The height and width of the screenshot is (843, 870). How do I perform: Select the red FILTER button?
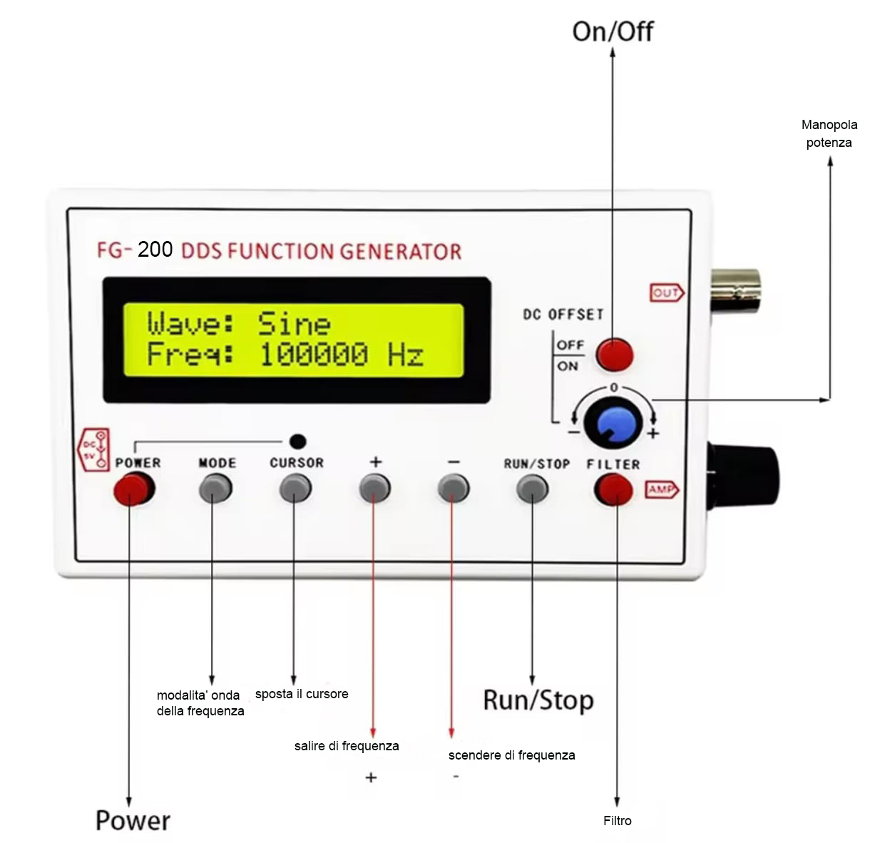coord(614,489)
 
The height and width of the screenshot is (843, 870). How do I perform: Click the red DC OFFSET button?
coord(614,354)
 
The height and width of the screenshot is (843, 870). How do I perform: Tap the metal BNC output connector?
coord(735,291)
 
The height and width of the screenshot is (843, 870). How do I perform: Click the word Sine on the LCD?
coord(294,323)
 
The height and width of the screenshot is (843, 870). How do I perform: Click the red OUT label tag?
coord(666,292)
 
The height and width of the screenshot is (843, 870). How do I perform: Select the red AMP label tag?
coord(662,489)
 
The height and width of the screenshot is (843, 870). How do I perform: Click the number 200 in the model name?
coord(155,249)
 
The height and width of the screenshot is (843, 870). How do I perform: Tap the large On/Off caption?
coord(613,32)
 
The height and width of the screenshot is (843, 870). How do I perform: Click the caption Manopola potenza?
coord(829,133)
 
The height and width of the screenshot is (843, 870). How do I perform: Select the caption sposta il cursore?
coord(302,694)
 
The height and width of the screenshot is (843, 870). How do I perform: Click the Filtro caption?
coord(617,820)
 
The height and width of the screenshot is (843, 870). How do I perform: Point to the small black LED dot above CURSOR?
coord(298,441)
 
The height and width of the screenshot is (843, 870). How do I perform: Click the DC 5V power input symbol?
coord(95,450)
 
